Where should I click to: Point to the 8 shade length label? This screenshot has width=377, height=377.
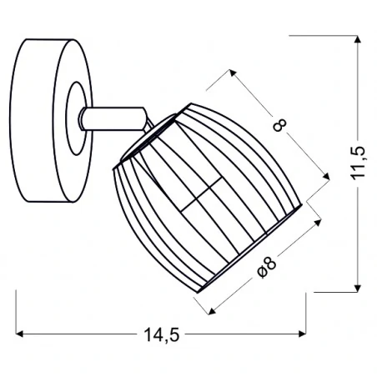tap(280, 126)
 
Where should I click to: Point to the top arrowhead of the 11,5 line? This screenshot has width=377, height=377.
tap(358, 38)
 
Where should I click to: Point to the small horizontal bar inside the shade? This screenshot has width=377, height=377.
tap(200, 201)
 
